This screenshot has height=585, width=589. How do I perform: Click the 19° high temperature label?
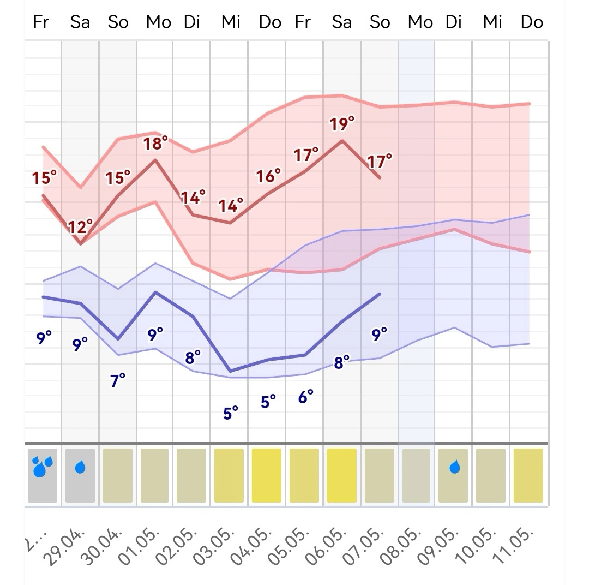point(342,124)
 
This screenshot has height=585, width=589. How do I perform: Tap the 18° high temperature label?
point(155,144)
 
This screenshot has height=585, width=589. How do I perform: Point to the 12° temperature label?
point(80,226)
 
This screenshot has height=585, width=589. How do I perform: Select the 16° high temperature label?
point(268,176)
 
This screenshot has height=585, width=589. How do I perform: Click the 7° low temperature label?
point(118,380)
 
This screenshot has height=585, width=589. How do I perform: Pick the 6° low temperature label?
point(306,397)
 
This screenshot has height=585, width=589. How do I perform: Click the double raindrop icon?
point(43,467)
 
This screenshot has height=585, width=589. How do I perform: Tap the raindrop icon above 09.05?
point(454,467)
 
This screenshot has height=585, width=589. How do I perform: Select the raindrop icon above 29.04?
point(80,467)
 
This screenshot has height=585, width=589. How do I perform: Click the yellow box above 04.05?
point(267,475)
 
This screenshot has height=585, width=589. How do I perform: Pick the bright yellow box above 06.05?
point(341,475)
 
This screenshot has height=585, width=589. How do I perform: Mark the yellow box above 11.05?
point(528,475)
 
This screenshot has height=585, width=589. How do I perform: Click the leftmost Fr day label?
point(41,22)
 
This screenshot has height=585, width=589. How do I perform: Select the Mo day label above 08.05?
point(420,22)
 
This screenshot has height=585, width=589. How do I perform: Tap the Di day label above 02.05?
point(192,22)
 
